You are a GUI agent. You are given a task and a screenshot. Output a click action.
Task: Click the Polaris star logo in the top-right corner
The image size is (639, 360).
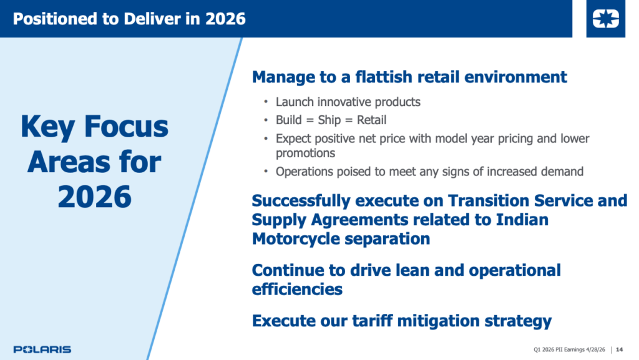tap(605, 19)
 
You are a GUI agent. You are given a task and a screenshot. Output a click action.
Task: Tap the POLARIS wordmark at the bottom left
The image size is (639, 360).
tap(42, 349)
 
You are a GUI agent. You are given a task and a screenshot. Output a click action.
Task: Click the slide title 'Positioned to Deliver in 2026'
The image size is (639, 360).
tap(129, 19)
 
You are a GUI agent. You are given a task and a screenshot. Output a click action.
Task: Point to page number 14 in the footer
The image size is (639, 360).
tap(620, 349)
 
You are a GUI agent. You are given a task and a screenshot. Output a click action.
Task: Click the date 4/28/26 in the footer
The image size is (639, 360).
tap(595, 349)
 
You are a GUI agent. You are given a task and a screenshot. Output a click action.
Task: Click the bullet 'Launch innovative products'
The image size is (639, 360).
tap(348, 102)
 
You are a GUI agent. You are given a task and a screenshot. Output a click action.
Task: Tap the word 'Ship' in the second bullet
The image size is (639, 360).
tap(329, 120)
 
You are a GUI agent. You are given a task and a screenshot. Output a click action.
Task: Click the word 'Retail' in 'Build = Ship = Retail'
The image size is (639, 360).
tap(372, 120)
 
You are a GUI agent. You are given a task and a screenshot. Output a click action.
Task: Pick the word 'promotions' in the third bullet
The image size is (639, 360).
tap(305, 153)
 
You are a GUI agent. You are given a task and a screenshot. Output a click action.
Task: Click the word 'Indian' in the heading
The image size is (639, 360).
tap(522, 220)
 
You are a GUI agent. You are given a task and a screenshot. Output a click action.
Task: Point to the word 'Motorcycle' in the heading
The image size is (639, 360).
tap(293, 238)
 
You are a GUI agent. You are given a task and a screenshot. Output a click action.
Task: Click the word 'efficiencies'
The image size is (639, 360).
tap(297, 289)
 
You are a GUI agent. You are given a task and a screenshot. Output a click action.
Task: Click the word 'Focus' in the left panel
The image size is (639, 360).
tap(126, 126)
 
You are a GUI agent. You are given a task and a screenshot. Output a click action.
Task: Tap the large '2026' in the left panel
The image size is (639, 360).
tap(95, 197)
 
